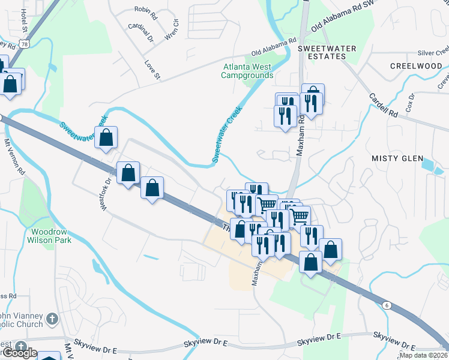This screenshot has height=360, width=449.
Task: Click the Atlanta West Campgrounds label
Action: coord(247,71)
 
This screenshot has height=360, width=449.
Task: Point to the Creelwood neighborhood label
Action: coord(416,66)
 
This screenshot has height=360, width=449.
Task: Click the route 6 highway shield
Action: coord(387,305)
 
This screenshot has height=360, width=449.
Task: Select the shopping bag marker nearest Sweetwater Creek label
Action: coord(106,137)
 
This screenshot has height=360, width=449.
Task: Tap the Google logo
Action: coord(19,353)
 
